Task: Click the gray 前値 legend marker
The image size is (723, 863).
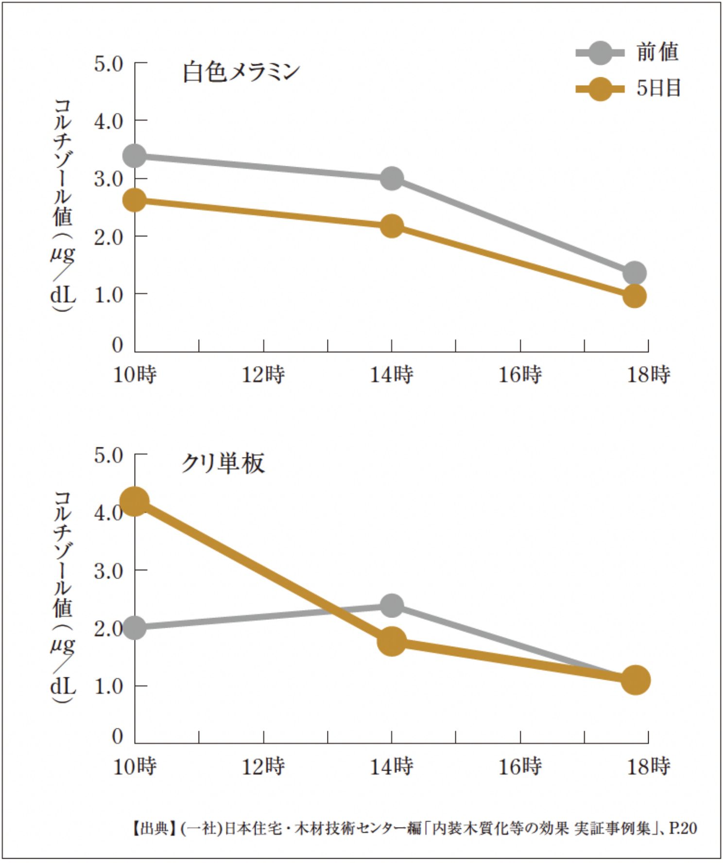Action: [x=600, y=53]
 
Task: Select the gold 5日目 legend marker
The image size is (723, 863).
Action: [x=600, y=88]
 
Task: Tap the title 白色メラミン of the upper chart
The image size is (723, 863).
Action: [x=241, y=72]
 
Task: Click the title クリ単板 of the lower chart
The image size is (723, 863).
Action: [x=223, y=463]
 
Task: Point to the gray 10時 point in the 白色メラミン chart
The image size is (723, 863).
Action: [x=135, y=156]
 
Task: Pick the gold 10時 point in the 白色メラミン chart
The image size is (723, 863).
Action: [x=135, y=200]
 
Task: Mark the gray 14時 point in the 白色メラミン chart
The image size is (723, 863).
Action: [x=392, y=178]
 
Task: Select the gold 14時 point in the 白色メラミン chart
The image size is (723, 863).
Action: [x=392, y=226]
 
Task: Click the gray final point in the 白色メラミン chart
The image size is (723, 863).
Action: [x=635, y=273]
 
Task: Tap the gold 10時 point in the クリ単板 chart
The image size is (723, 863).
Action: [x=135, y=501]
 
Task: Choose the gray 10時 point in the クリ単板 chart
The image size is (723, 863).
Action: [x=135, y=628]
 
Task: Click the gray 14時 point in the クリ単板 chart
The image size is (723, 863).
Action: [x=392, y=605]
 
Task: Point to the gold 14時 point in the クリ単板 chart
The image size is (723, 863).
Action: [x=392, y=641]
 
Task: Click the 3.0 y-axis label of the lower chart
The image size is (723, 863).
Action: [x=108, y=571]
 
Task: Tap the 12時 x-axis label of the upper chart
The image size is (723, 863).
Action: [x=263, y=375]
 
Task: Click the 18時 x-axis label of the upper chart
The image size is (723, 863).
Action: [x=649, y=375]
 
